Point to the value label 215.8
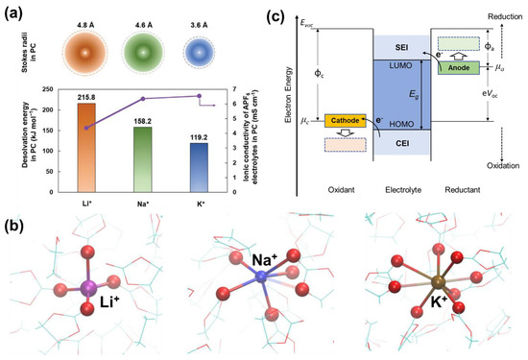pos(84,98)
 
